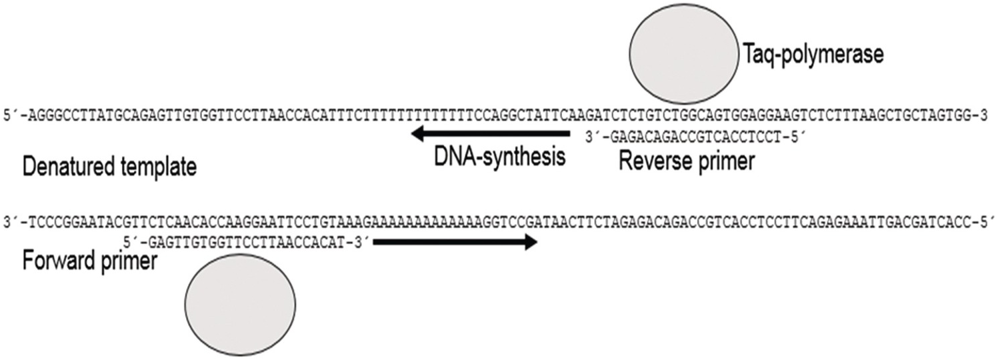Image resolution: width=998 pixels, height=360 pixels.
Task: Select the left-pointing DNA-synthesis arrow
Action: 489,135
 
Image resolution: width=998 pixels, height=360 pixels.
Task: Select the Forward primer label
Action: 90,260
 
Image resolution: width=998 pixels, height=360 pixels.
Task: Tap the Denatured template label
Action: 109,167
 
